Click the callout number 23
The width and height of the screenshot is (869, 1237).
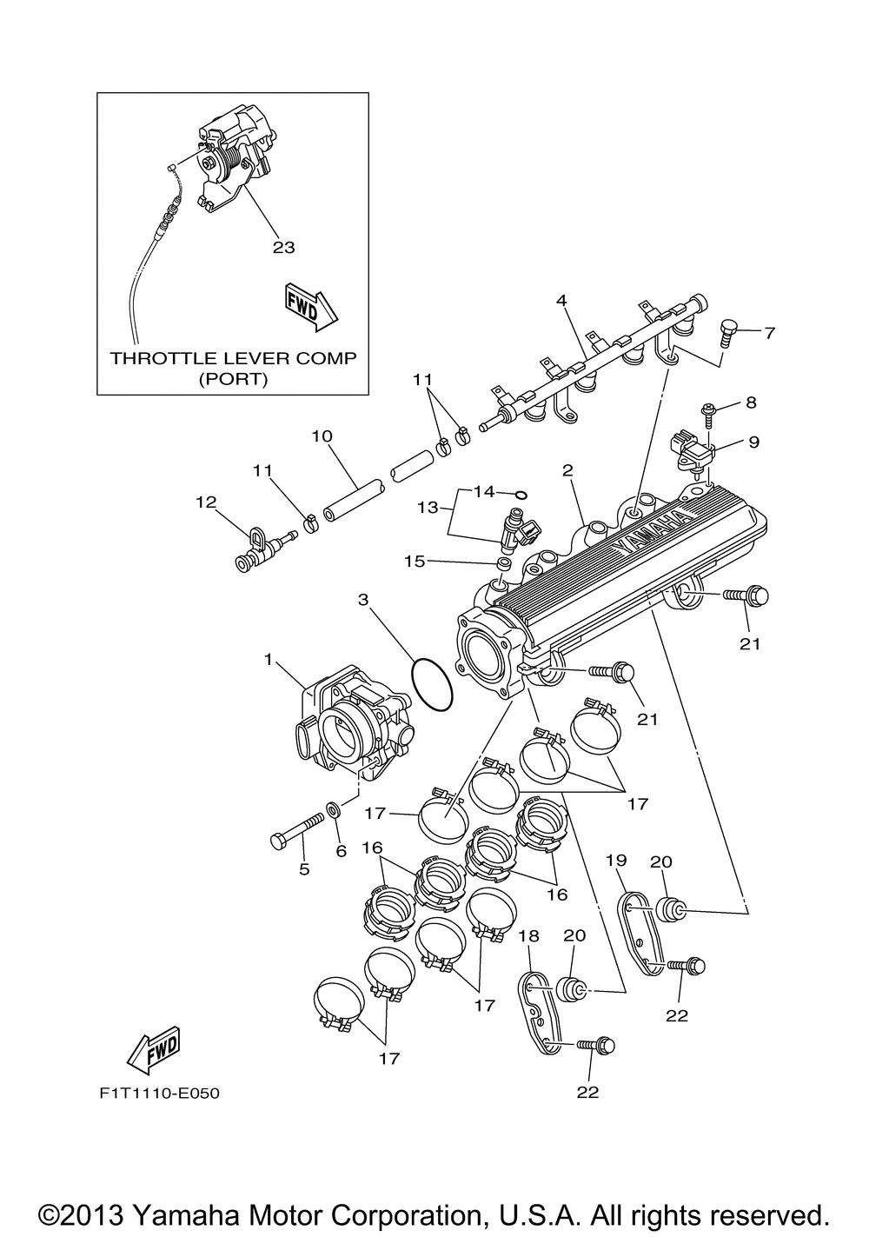tap(283, 247)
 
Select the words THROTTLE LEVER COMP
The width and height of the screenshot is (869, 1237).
tap(233, 358)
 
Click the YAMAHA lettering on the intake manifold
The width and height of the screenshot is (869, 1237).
tap(653, 530)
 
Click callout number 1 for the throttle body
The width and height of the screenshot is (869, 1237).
tap(269, 660)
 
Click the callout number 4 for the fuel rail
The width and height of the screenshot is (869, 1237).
tap(561, 301)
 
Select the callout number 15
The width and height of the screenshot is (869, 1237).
tap(415, 561)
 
